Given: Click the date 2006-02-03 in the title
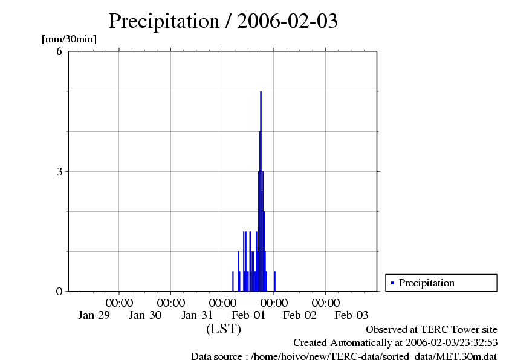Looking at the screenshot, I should point(287,21).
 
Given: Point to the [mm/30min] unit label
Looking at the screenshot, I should point(69,39).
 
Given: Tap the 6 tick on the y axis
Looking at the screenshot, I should point(59,51).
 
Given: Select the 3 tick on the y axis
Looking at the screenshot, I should point(59,171).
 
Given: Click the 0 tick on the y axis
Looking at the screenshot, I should point(59,291).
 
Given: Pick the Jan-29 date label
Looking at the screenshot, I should point(94,315).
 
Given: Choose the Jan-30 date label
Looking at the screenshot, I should point(146,315).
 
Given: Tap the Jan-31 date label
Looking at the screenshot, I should point(198,315).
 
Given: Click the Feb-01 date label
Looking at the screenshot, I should point(249,315).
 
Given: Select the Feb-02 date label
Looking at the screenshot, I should point(300,315).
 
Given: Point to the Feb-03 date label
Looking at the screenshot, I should point(352,315).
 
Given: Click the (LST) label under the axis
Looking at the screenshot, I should point(224,329).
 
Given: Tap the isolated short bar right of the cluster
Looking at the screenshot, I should point(275,281).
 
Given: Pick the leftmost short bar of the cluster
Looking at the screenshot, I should point(233,281).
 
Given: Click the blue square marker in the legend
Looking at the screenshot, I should point(392,283).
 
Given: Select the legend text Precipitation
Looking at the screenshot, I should point(427,283).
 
